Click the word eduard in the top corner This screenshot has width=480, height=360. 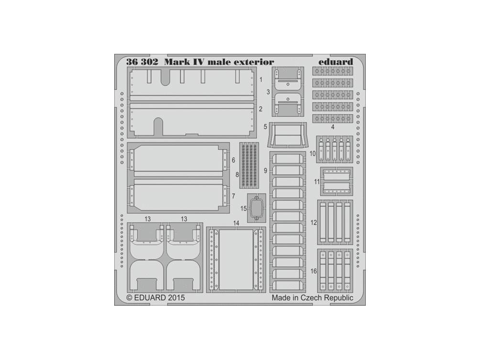(336, 61)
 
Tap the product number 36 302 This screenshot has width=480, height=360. (142, 61)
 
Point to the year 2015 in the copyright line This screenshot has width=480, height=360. (176, 297)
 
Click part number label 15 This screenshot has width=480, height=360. (243, 208)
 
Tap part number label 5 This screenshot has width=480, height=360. (265, 127)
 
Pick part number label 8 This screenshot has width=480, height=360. (237, 175)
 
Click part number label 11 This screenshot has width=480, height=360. (317, 182)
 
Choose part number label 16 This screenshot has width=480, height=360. (313, 271)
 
